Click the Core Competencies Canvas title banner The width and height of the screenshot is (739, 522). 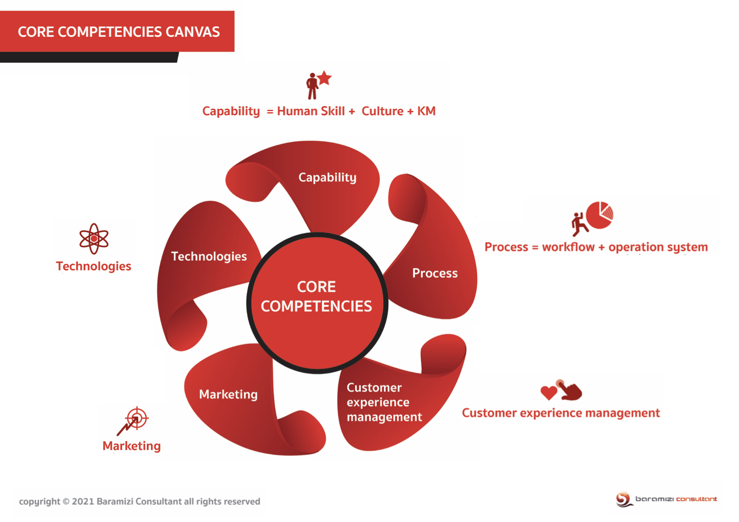(x=118, y=32)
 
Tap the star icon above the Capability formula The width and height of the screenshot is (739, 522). (x=325, y=78)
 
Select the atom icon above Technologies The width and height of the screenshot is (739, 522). (x=94, y=238)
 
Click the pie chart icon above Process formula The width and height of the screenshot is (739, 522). (x=600, y=215)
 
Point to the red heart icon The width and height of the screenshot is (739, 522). (x=548, y=392)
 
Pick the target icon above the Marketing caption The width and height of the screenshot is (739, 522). (x=136, y=418)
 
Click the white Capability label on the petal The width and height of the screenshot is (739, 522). (x=327, y=177)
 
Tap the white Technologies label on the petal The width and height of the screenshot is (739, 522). (x=209, y=256)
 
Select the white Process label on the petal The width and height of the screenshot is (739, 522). (x=435, y=273)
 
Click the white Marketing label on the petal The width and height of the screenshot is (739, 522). (x=228, y=394)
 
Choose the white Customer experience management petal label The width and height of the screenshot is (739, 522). (x=384, y=402)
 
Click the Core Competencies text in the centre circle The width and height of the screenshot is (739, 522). (x=316, y=296)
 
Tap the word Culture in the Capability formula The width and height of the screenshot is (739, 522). (x=382, y=111)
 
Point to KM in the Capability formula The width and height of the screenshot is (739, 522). (x=426, y=111)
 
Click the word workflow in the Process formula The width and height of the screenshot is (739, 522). (x=568, y=247)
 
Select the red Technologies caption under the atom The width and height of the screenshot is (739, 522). (x=93, y=266)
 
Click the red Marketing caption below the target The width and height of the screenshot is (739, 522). (x=132, y=446)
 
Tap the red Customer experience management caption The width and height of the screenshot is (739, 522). (x=561, y=413)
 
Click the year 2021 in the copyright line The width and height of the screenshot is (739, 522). (x=83, y=502)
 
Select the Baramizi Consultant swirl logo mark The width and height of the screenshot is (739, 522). (x=623, y=499)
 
